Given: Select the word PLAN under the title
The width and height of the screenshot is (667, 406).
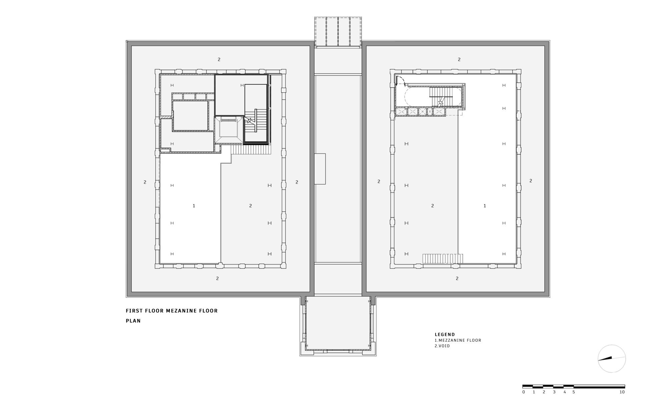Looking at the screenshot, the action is [133, 321].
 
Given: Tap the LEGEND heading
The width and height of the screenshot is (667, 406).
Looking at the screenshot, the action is [445, 334].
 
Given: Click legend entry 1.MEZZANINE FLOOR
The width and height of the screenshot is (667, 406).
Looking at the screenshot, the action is [458, 340].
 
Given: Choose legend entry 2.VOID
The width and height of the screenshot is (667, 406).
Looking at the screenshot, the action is [442, 346].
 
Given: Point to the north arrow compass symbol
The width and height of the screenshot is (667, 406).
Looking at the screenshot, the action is [611, 359].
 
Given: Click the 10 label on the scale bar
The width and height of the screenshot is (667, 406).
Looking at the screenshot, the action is [622, 392].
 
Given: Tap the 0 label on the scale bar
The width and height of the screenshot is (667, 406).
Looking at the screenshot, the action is [523, 392].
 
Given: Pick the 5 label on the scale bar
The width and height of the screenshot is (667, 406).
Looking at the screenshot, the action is [574, 392].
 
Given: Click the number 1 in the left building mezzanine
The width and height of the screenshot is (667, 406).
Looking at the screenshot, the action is [194, 206].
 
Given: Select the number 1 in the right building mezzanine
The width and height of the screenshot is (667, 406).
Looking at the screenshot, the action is [485, 206].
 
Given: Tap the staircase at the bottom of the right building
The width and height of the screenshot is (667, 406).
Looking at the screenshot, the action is [443, 259].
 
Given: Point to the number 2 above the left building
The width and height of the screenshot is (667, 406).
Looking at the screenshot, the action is [219, 59].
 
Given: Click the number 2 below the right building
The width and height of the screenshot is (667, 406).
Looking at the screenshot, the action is [457, 278].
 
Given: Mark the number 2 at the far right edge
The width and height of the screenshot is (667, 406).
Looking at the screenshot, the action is [531, 181].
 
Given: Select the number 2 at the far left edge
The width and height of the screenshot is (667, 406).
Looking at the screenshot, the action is [145, 182].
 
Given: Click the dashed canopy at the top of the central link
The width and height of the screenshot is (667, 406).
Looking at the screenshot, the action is [338, 32].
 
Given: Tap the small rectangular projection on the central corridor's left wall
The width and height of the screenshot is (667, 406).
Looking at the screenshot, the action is [320, 169].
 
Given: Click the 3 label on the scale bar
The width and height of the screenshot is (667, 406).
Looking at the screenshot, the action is [554, 392].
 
